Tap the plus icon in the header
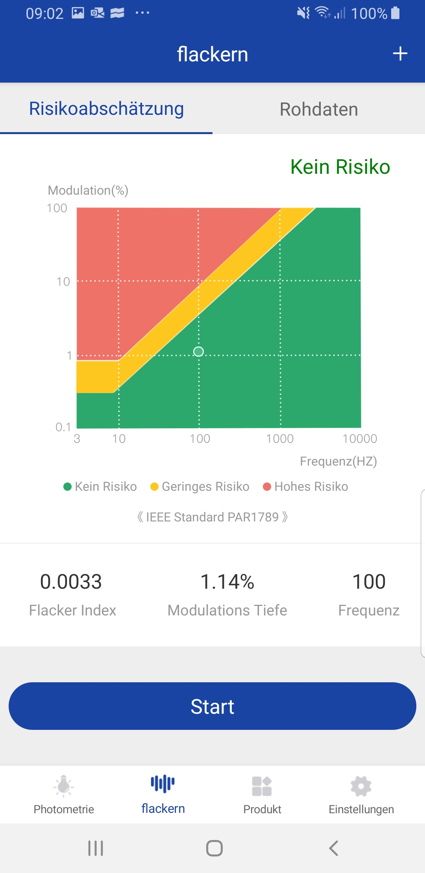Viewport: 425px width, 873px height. tap(400, 53)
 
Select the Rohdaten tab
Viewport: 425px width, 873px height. tap(319, 109)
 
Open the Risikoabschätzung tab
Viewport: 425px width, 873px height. tap(106, 109)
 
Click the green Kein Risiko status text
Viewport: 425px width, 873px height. tap(340, 167)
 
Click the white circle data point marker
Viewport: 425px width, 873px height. tap(199, 351)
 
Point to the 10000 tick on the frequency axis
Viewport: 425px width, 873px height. tap(360, 438)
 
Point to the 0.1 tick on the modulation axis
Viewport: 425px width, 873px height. tap(63, 427)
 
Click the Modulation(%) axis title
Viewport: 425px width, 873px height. tap(88, 190)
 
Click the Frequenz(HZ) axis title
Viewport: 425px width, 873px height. tap(338, 461)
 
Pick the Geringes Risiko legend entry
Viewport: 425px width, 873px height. tap(200, 486)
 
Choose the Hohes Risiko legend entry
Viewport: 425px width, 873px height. tap(306, 486)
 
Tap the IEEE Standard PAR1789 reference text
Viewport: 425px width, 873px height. tap(213, 517)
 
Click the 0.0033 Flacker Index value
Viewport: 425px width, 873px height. tap(71, 582)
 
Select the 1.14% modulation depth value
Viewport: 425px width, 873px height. tap(227, 582)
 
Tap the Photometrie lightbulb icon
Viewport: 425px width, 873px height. tap(64, 786)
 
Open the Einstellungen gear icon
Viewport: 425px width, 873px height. tap(361, 786)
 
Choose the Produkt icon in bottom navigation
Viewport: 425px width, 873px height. tap(262, 786)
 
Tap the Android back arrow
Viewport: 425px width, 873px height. tap(334, 848)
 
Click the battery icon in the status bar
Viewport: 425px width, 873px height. tap(395, 13)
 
